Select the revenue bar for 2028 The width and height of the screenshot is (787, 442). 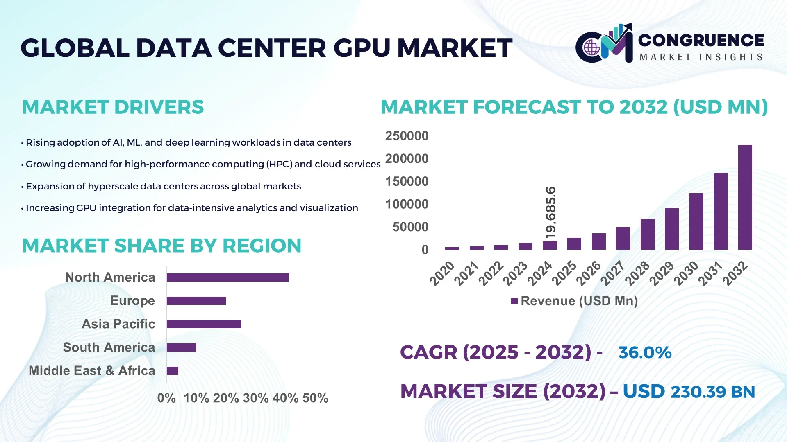click(x=647, y=234)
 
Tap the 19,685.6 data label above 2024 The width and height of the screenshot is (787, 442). click(x=550, y=212)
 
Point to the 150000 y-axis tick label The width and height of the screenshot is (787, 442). click(x=407, y=181)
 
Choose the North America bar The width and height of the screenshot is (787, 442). click(x=227, y=277)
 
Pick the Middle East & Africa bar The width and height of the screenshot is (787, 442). click(x=173, y=371)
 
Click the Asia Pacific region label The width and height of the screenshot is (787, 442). click(x=118, y=324)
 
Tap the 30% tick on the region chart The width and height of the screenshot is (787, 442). click(x=255, y=398)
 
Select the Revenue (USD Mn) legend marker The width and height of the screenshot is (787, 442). click(x=514, y=301)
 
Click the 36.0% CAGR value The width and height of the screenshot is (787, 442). click(x=644, y=352)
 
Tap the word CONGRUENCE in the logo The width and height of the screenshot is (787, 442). click(x=701, y=40)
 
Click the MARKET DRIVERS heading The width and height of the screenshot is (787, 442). click(x=113, y=107)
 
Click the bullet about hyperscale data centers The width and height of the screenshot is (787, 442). click(x=163, y=186)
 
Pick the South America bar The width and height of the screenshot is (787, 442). click(x=182, y=347)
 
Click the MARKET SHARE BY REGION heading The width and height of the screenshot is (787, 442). click(x=161, y=246)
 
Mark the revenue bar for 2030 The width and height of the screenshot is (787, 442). click(x=696, y=221)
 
